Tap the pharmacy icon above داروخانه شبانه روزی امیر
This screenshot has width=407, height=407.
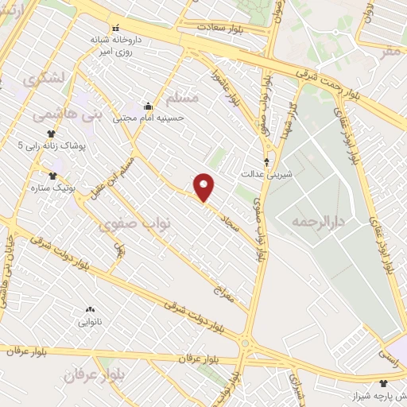[117, 27]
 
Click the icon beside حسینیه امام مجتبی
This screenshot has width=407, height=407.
[148, 107]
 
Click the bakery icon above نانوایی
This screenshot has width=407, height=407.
[89, 309]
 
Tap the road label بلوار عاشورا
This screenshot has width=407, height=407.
[235, 89]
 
